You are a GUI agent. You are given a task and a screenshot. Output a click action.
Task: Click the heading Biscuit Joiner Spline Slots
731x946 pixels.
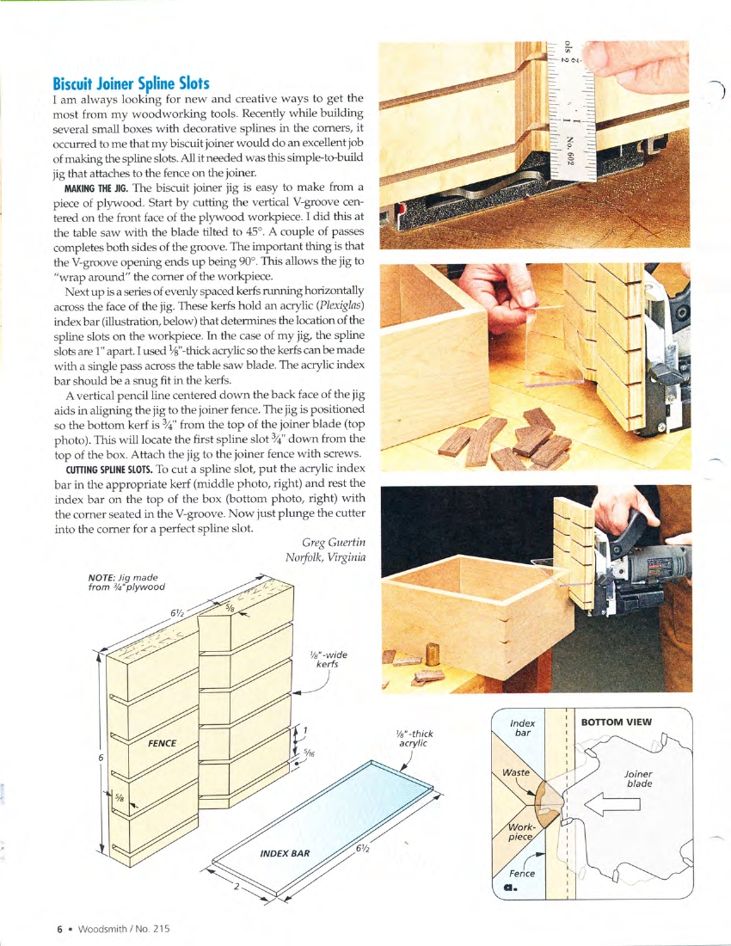[x=131, y=83]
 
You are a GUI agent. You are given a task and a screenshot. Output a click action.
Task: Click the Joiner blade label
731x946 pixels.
[x=638, y=778]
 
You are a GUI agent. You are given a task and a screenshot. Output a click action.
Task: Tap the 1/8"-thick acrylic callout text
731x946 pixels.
[x=411, y=738]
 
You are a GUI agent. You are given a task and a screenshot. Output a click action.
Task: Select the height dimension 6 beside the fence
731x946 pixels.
[x=101, y=758]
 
